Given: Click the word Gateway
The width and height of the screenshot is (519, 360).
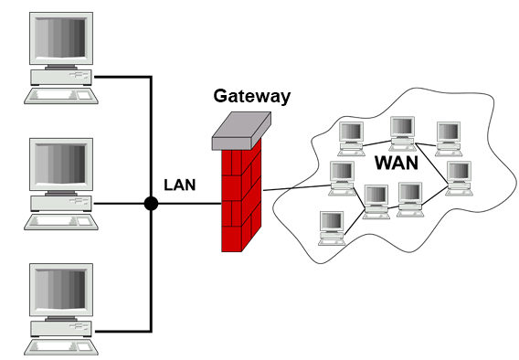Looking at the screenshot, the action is pos(252,97).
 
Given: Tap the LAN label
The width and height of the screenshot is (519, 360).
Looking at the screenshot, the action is pos(180,185).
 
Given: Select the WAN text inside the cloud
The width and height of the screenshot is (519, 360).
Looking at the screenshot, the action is pos(397,163).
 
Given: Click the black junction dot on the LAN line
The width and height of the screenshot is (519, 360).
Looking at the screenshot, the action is pos(152,203).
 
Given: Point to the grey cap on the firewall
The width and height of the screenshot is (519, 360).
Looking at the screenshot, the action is pos(241,131).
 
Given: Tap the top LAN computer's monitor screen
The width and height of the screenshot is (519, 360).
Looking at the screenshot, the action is pos(60,38).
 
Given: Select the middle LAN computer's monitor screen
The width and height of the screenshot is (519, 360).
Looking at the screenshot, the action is pos(60,164).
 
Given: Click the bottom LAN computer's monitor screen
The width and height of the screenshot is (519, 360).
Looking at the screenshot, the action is pos(60,290).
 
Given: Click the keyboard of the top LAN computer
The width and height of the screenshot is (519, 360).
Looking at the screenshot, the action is pos(61,96).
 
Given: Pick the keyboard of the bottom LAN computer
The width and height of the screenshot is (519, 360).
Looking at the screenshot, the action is pos(61,347).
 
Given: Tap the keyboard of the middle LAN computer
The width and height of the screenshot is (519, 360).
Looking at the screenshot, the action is pos(61,222).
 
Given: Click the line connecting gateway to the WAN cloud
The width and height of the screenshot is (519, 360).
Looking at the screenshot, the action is pos(297,188).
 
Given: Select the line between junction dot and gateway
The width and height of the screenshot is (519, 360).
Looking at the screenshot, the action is pos(190,203).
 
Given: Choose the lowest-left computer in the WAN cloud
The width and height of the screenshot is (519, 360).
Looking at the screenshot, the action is pos(332,228).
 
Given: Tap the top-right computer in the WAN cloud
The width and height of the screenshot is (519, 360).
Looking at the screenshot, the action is pos(449,139).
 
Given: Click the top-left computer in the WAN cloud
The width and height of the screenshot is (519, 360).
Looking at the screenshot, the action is pos(351,139).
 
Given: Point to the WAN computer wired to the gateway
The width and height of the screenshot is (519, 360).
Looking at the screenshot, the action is pos(343,178).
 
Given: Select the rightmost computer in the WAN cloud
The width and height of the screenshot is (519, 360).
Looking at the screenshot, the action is pos(459,178).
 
